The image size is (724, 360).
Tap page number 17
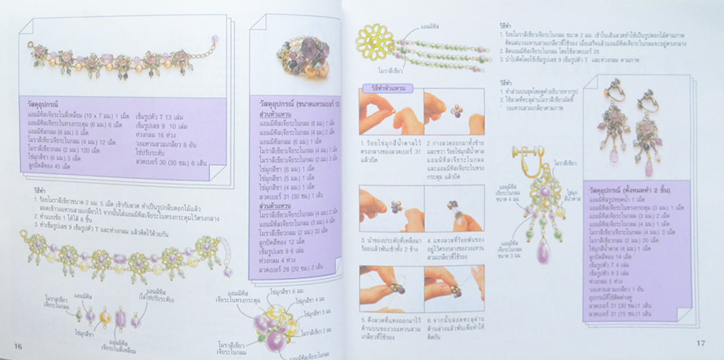(700, 343)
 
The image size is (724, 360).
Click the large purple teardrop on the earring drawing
(543, 251)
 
